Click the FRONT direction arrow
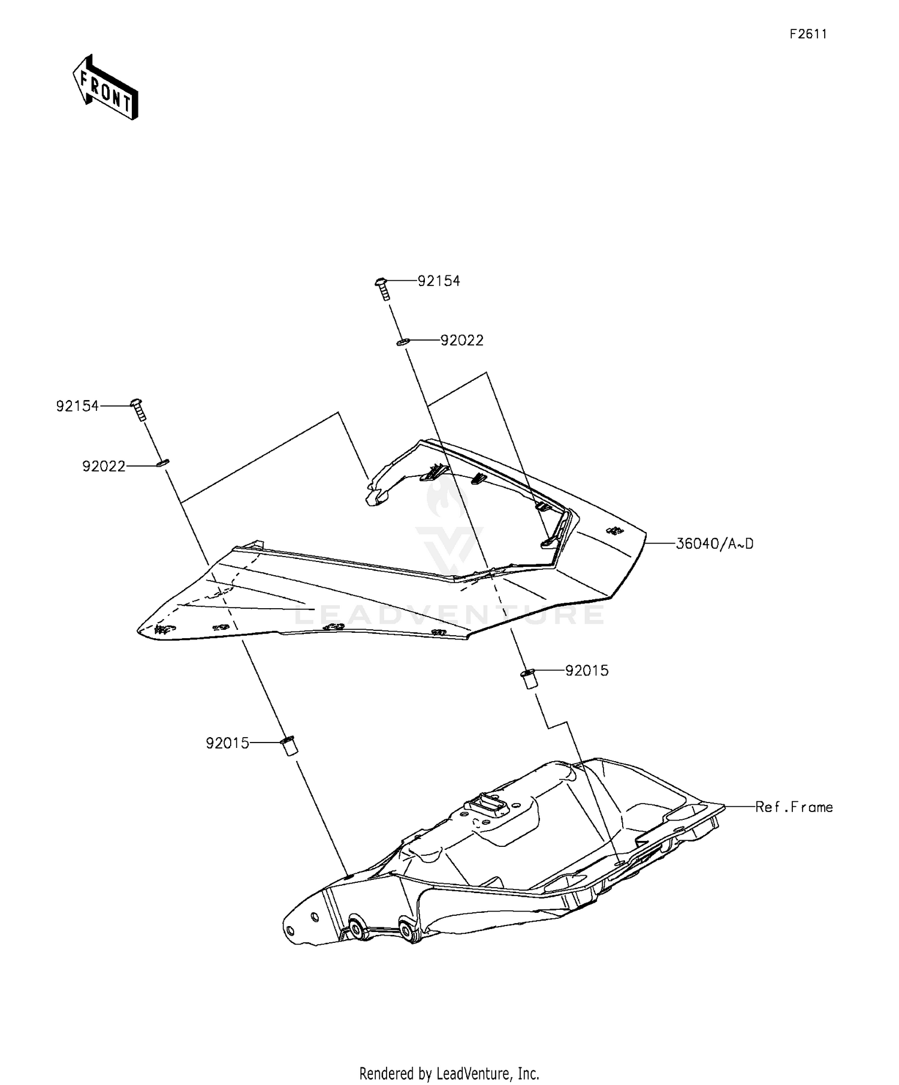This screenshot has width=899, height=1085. coord(105,88)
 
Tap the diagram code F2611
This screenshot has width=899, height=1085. coord(807,34)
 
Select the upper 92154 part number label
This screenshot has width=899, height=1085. coord(439,281)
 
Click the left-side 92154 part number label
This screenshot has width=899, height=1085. coord(77,406)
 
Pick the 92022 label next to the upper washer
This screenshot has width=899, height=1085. coord(461,340)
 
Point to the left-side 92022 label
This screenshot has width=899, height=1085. coord(104,466)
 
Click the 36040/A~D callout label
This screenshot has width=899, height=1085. coord(714,544)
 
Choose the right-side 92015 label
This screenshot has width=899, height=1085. coord(587,671)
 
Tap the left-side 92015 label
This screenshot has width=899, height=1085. coord(227,743)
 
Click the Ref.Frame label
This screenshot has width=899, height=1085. coord(794,807)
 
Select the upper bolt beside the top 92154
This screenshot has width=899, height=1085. coord(382,288)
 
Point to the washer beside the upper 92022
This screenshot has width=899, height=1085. coord(402,342)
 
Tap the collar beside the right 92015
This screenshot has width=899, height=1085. coord(528,679)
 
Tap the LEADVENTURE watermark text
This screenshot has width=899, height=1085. coord(450,615)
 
